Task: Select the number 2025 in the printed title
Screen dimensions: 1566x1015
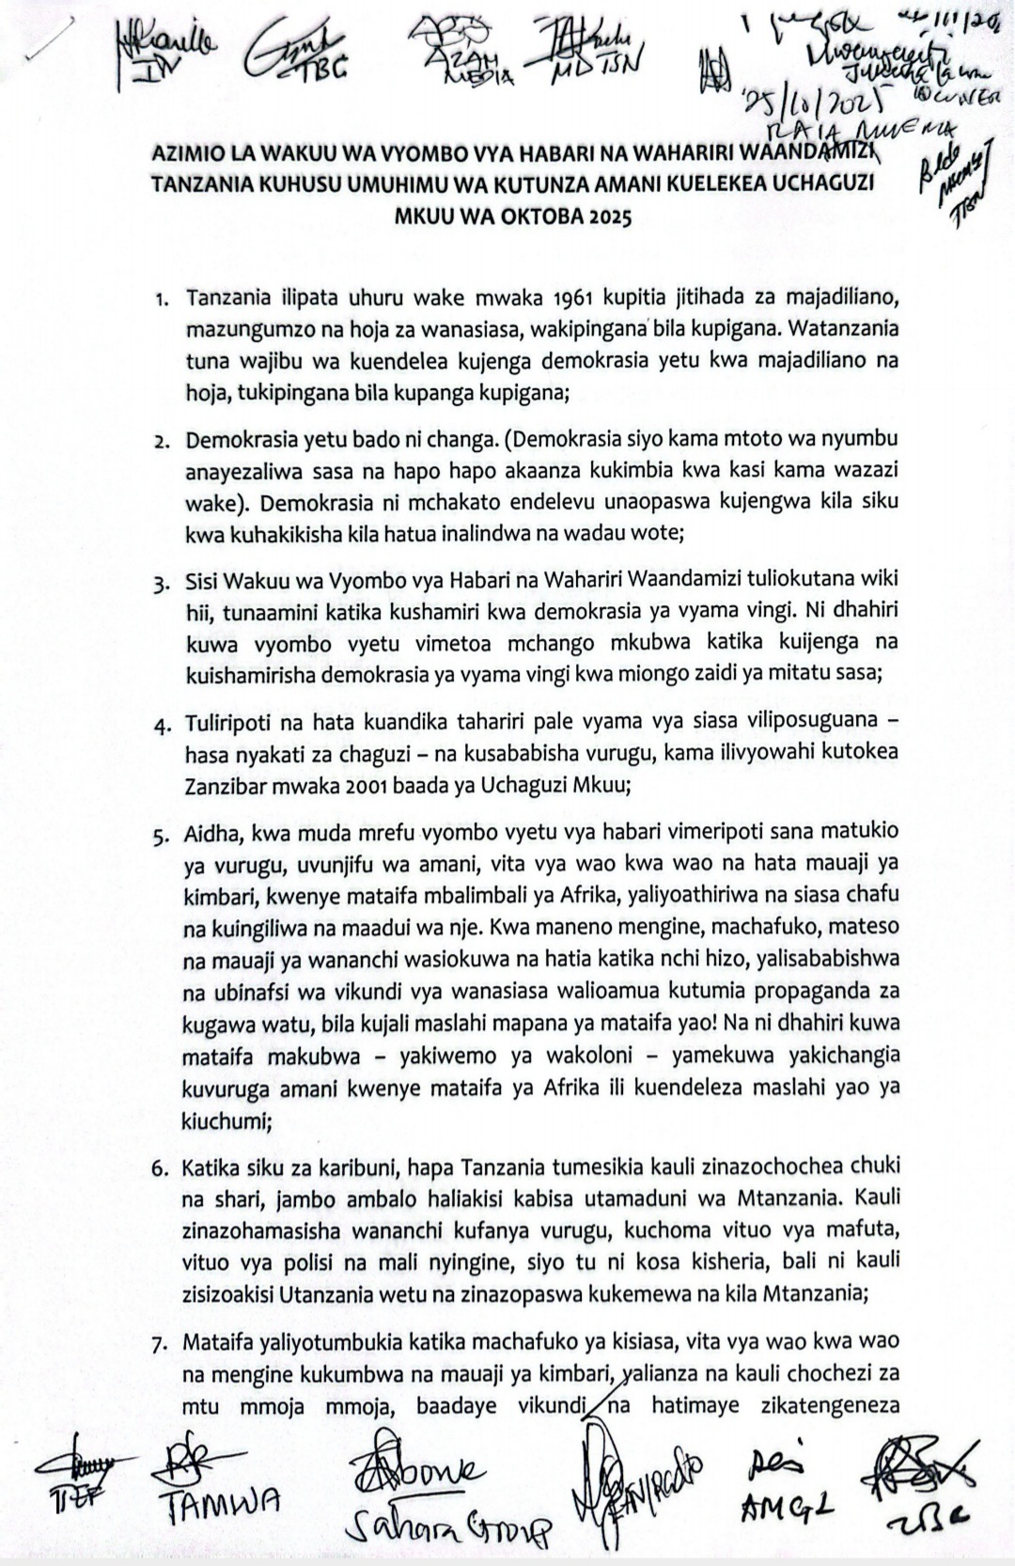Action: tap(607, 215)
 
